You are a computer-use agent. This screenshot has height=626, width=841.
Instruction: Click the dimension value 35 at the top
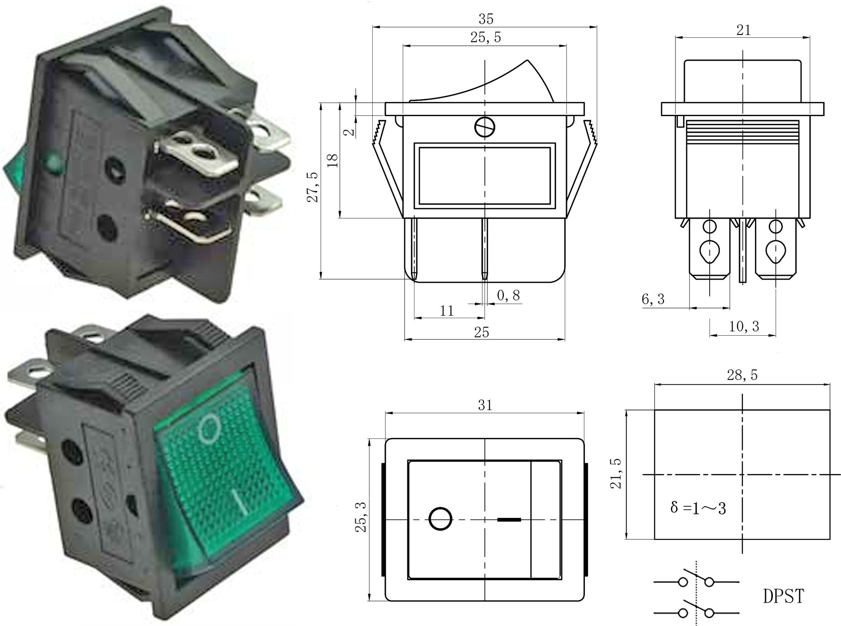[486, 19]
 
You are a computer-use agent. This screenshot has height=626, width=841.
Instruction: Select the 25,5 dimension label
[485, 38]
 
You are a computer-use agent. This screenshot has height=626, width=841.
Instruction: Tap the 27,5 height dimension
[313, 187]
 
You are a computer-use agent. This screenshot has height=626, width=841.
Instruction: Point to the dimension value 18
[333, 161]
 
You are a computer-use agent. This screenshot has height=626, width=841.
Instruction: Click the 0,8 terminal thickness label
[509, 295]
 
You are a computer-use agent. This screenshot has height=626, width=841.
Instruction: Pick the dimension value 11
[447, 311]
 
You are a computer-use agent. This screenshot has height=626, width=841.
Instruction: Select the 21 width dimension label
[743, 30]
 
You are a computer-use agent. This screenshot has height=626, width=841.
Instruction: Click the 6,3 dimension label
[653, 299]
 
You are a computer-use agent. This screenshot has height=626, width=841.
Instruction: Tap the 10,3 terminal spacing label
[744, 326]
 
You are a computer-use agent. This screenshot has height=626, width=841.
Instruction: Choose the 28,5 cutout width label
[742, 375]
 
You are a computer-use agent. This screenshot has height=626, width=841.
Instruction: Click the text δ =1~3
[698, 508]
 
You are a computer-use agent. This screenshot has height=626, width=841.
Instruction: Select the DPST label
[783, 596]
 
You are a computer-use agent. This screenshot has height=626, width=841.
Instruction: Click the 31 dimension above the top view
[485, 405]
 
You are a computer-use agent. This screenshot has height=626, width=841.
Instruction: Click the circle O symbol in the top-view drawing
[440, 519]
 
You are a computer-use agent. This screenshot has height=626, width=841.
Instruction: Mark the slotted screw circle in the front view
[485, 127]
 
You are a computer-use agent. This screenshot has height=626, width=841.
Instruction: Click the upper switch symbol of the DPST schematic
[696, 581]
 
